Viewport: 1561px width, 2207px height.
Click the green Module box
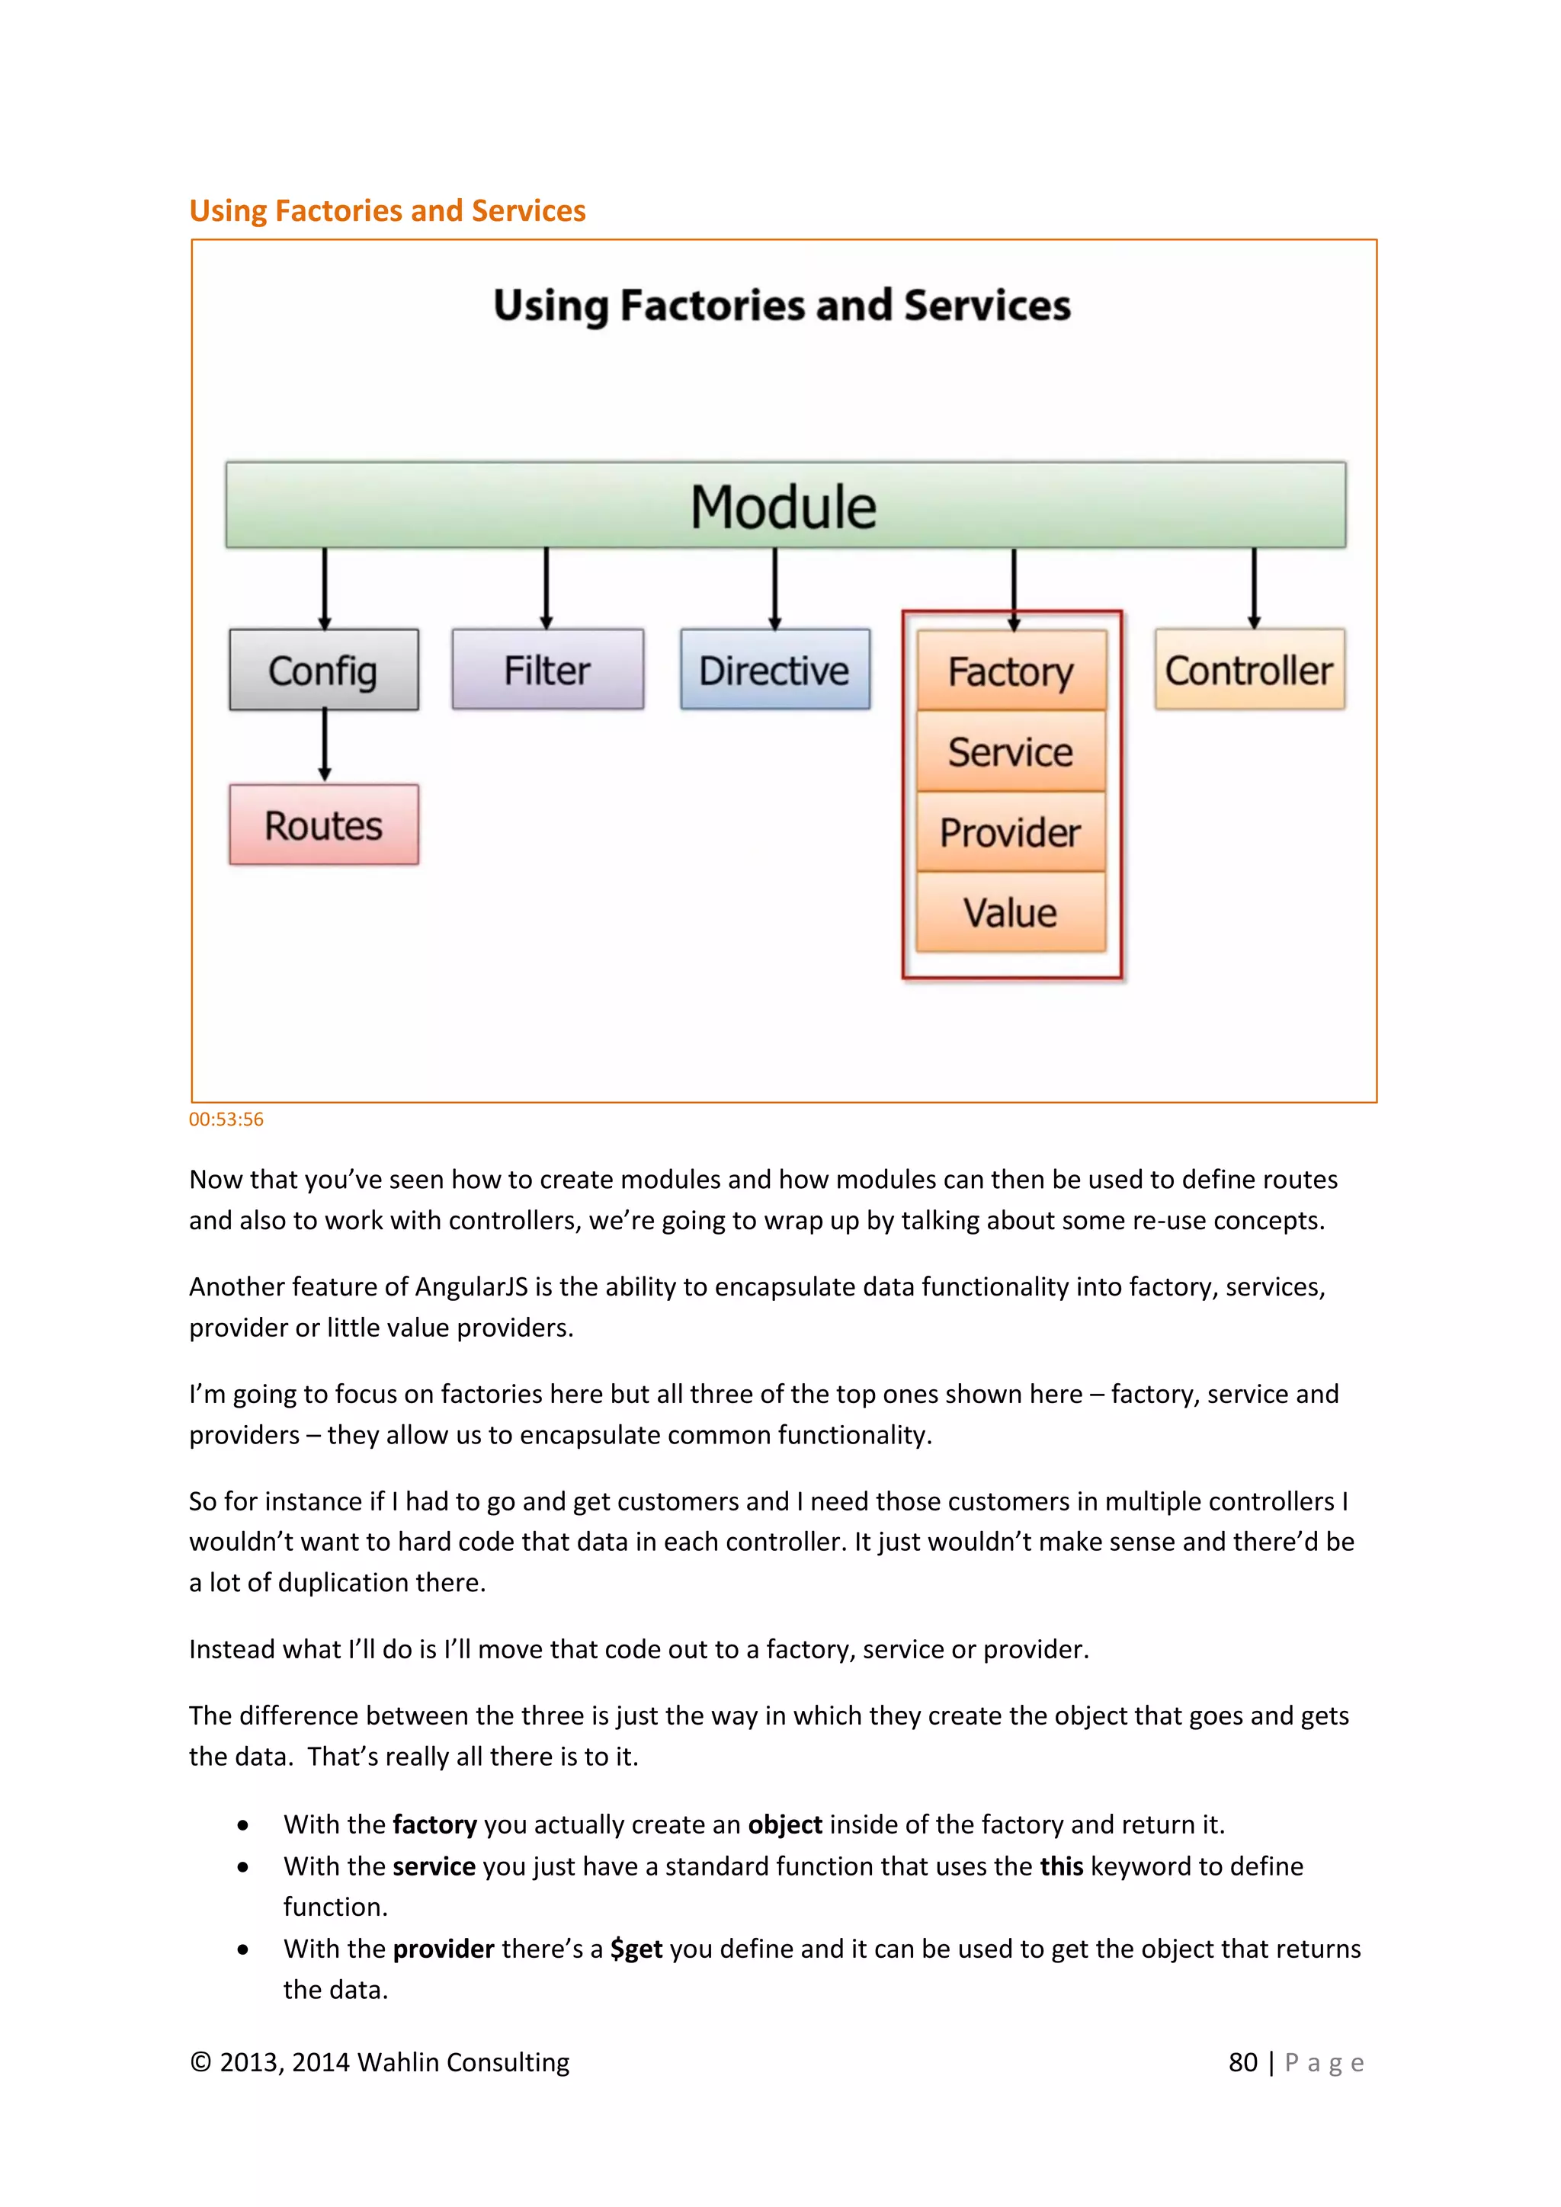[x=785, y=505]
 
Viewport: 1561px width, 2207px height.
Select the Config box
[x=324, y=670]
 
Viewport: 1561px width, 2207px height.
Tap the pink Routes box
[x=324, y=825]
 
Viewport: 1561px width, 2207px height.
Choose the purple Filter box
[x=548, y=670]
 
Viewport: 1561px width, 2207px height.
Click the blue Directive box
[x=774, y=670]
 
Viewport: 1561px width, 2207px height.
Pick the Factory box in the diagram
[x=1011, y=672]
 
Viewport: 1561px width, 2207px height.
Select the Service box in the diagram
[x=1011, y=751]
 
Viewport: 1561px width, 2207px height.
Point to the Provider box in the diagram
[x=1011, y=832]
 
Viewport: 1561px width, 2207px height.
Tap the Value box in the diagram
[x=1011, y=912]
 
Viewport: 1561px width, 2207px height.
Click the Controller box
[x=1249, y=670]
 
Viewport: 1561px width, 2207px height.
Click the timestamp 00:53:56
[x=226, y=1119]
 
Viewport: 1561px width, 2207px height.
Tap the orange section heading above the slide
[x=387, y=210]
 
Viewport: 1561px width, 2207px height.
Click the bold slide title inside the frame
[x=781, y=306]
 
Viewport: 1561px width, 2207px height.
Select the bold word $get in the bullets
[x=636, y=1949]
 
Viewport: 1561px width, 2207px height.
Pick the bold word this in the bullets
[x=1061, y=1866]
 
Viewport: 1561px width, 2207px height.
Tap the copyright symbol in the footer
[x=200, y=2062]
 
